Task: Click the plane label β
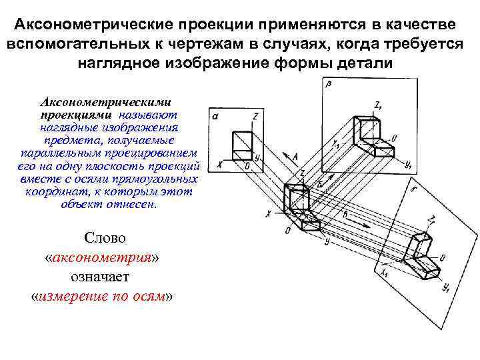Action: [329, 84]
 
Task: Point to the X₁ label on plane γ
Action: [386, 273]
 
